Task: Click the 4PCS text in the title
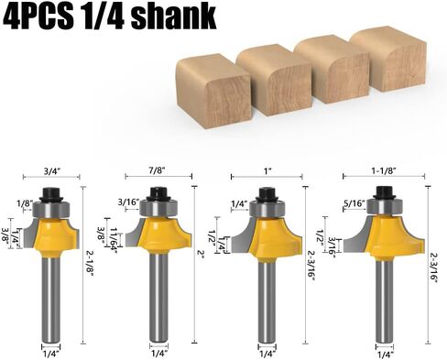[42, 16]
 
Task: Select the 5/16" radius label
[352, 203]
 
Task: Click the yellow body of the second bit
[166, 235]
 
